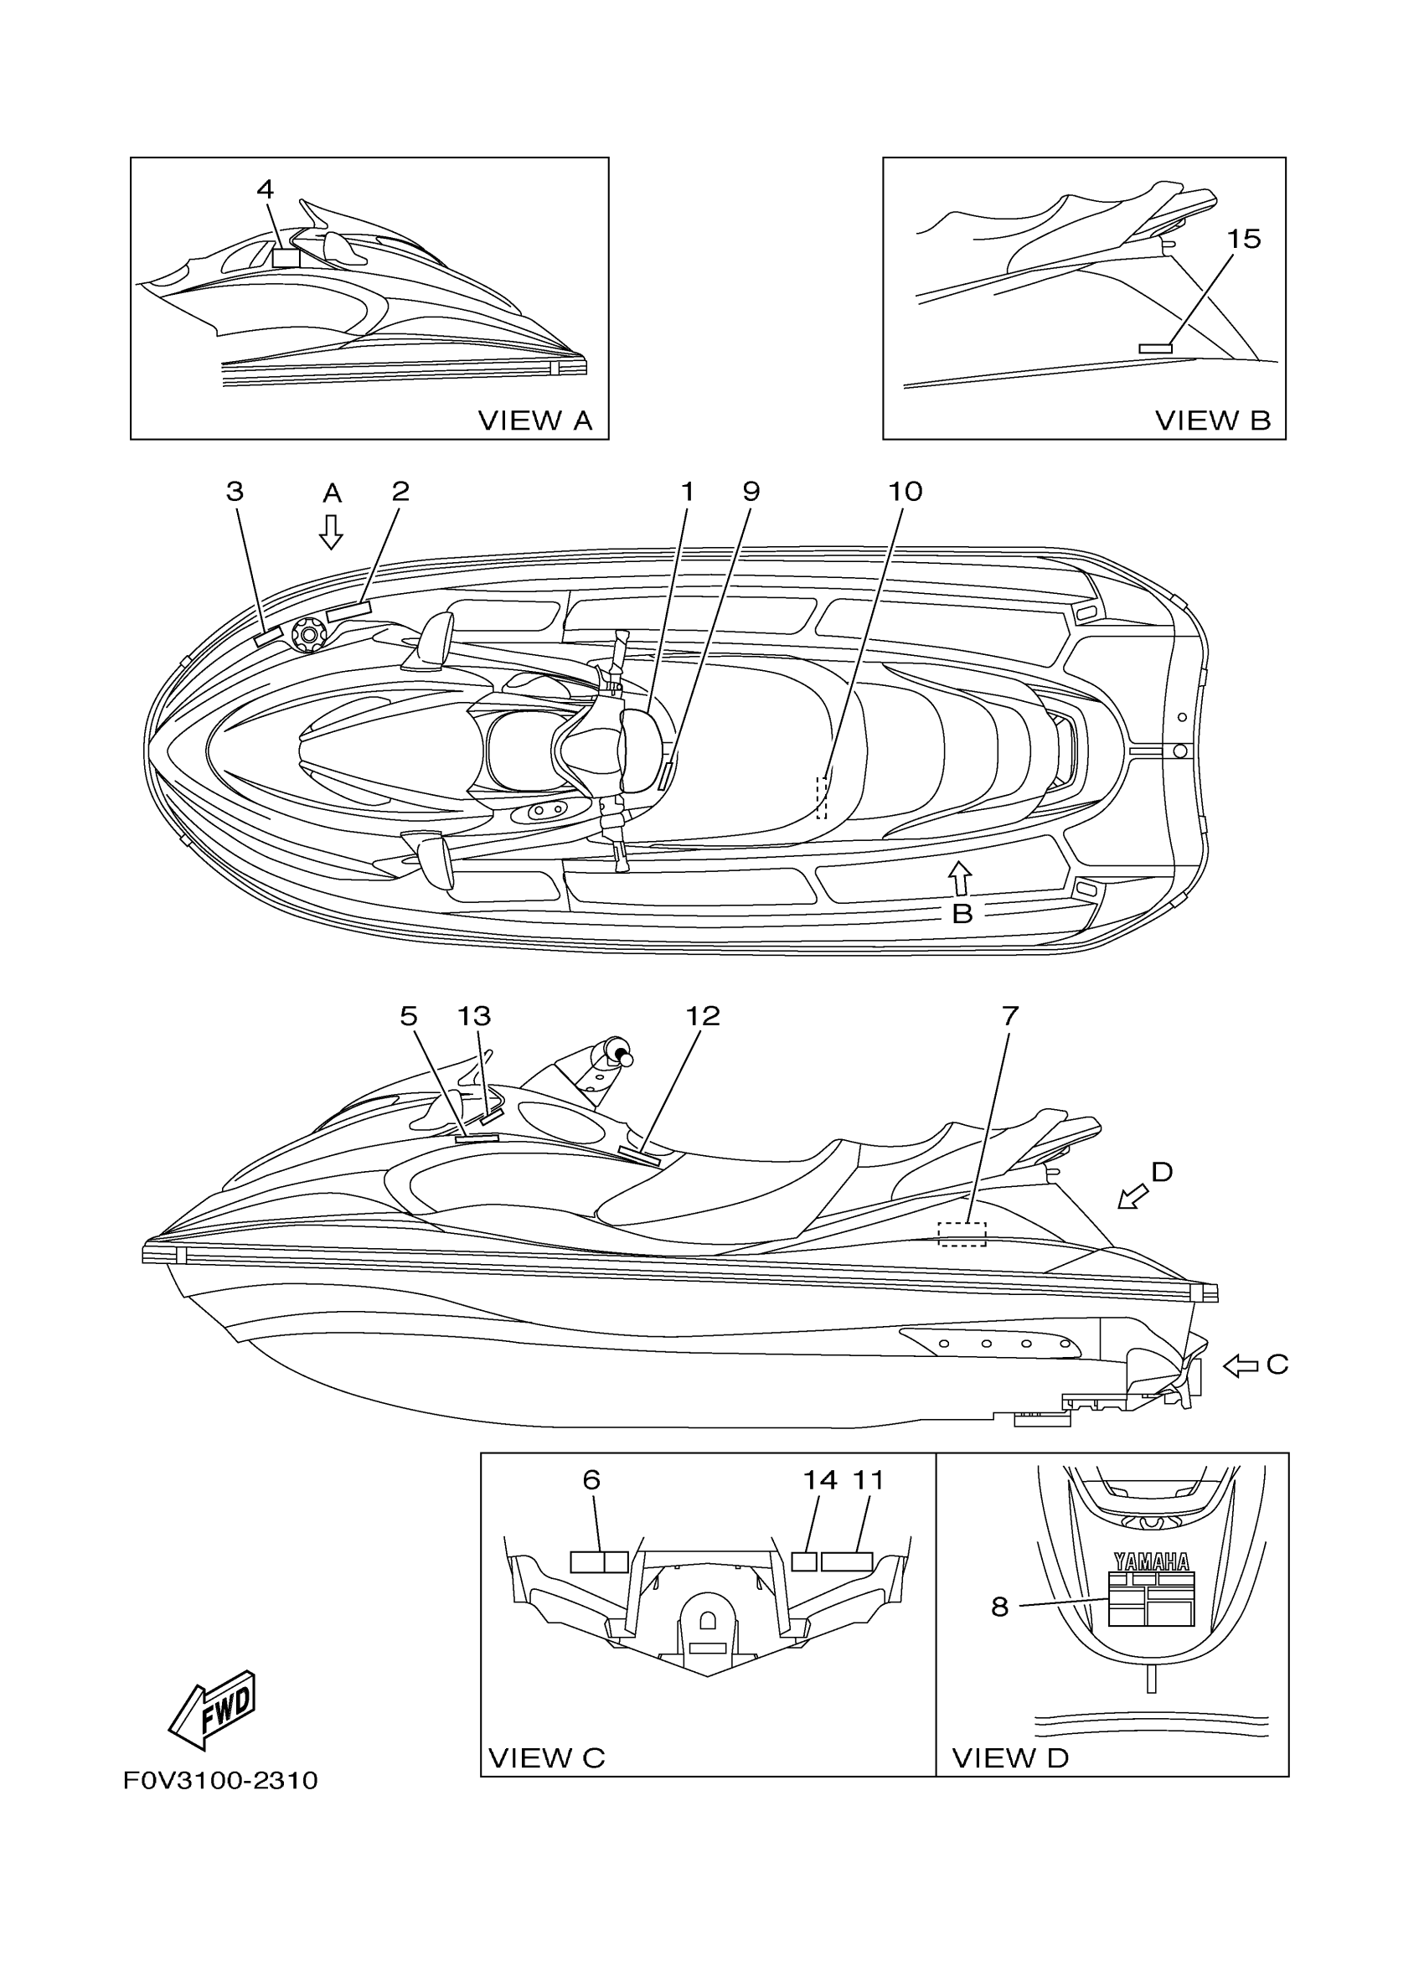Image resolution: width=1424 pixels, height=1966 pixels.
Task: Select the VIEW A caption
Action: point(534,421)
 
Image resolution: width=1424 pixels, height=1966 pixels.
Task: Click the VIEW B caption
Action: point(1213,421)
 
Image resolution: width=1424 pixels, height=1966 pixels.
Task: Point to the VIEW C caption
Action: point(546,1758)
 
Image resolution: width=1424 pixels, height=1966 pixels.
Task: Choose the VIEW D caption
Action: point(1009,1758)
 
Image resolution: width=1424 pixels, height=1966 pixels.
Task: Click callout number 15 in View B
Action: point(1244,240)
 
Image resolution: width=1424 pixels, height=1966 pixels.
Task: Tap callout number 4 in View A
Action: point(266,189)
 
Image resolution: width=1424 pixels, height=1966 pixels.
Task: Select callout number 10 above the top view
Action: point(905,492)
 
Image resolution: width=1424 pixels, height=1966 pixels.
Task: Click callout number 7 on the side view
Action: point(1009,1015)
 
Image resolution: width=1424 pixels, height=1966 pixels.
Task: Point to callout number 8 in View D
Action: point(999,1607)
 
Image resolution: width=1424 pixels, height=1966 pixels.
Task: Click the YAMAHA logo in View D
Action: point(1151,1562)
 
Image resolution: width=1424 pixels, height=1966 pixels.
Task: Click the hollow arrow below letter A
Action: point(330,532)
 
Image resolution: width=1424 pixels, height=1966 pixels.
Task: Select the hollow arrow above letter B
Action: point(959,877)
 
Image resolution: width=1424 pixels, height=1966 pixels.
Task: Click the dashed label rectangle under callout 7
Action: point(962,1234)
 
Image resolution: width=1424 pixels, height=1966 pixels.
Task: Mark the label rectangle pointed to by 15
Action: point(1154,348)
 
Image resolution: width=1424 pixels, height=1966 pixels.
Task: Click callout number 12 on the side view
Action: point(702,1015)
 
